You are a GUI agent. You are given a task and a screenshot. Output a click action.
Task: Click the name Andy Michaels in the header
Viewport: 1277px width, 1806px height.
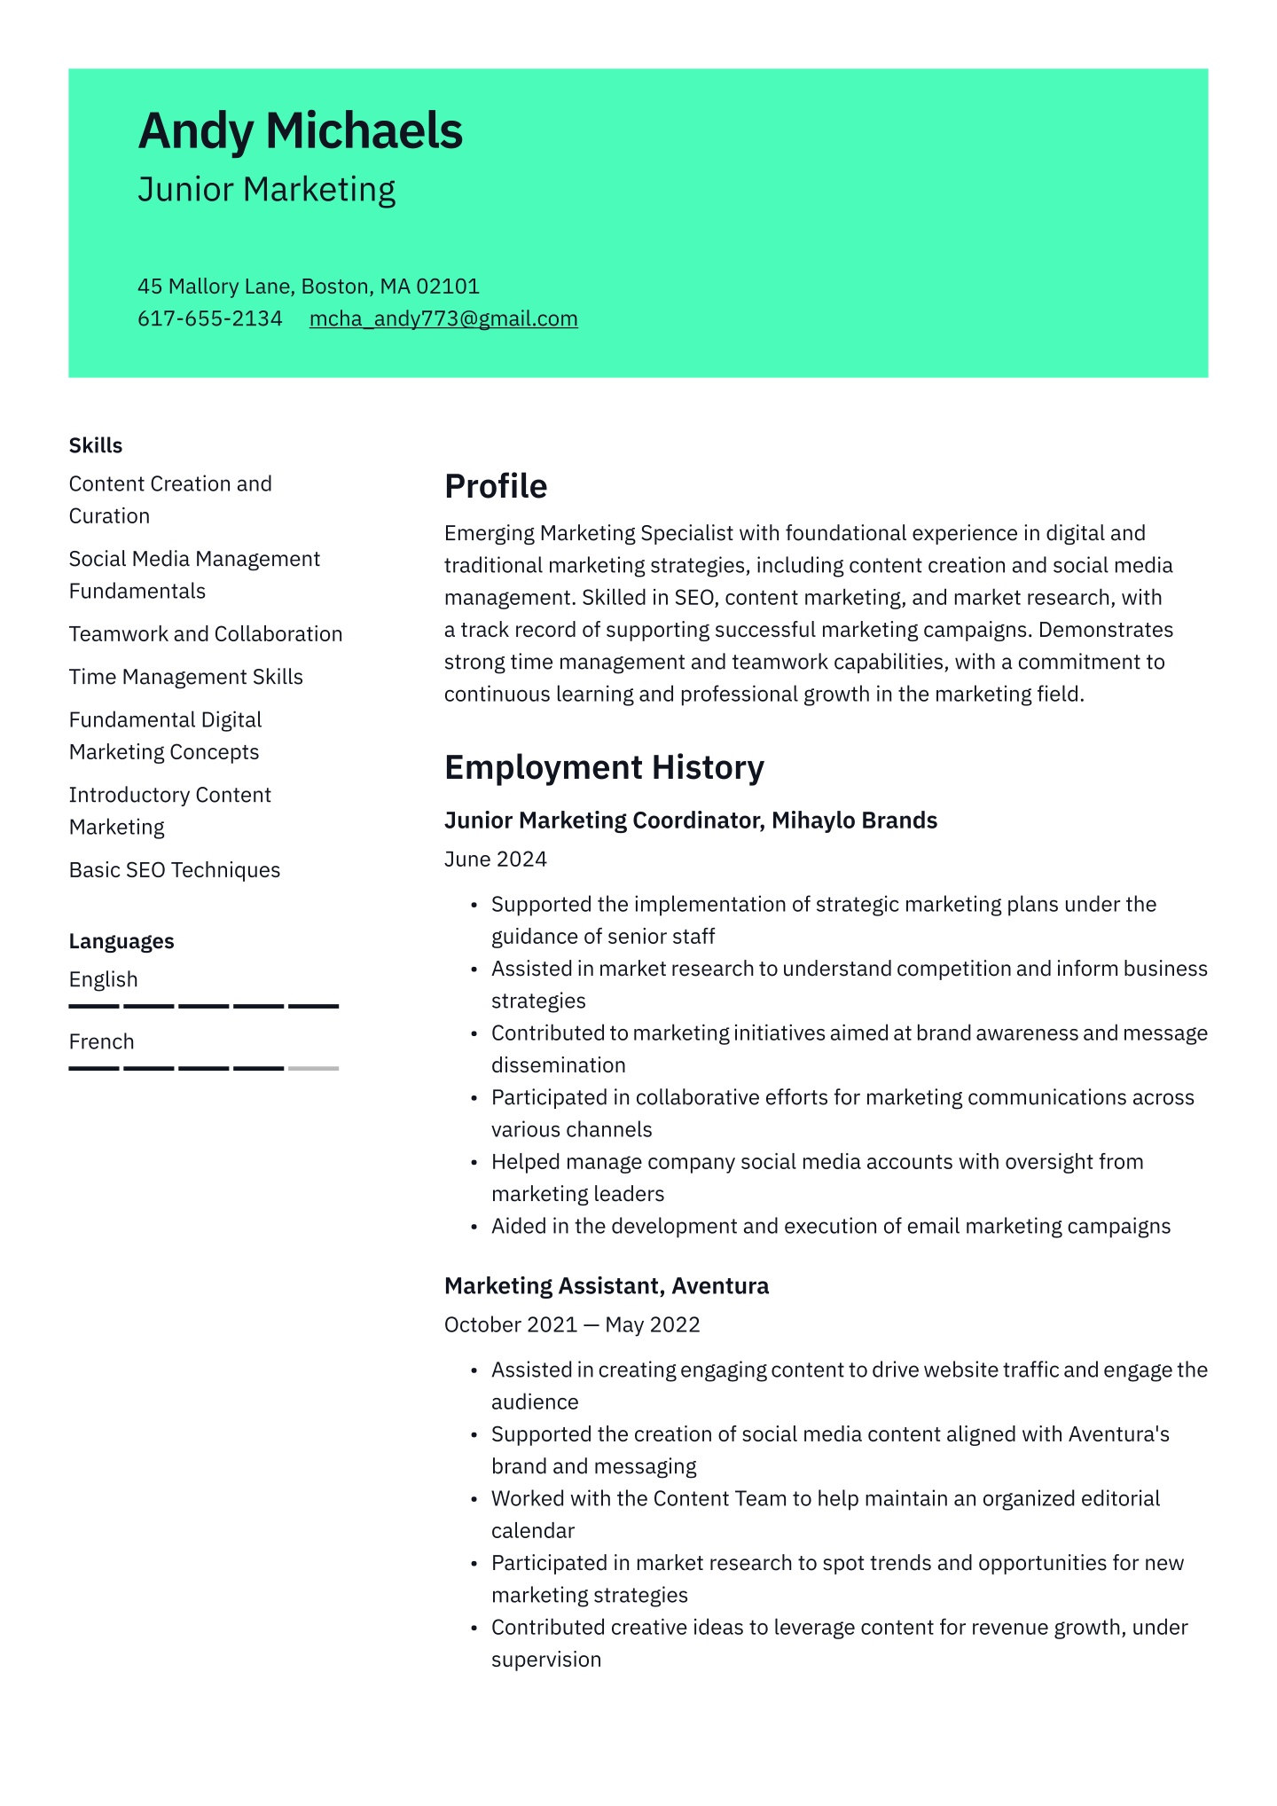pos(300,131)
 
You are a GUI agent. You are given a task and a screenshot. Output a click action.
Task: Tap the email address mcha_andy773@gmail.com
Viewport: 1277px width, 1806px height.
pos(443,318)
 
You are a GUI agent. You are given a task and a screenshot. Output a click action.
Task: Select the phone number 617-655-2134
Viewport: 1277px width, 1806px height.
pos(209,318)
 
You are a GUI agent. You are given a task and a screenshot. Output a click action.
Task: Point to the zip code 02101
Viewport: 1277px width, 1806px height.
pos(448,287)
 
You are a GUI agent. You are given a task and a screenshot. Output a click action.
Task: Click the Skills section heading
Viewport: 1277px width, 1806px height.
pos(96,445)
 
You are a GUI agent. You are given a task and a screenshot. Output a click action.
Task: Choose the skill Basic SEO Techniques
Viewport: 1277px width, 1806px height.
pos(175,870)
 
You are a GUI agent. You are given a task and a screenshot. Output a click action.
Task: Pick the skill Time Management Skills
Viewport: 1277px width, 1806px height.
pos(186,677)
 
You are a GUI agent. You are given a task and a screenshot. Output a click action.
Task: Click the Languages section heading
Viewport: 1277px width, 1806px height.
pos(121,941)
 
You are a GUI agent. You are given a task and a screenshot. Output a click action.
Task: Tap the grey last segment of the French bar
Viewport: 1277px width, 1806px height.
pos(314,1068)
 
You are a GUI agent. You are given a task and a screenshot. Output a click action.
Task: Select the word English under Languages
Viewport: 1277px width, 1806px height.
pos(104,979)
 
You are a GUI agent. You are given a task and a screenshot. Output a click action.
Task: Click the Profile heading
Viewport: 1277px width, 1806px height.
pos(496,486)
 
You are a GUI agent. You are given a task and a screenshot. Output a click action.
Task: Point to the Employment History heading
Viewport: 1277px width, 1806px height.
pos(604,767)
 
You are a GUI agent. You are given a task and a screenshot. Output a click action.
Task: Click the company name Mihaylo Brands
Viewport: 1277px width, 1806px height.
pos(854,821)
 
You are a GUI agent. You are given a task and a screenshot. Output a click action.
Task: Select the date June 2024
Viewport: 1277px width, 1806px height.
pos(496,860)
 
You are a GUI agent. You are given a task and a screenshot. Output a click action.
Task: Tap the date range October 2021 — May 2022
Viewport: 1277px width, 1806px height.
pos(572,1325)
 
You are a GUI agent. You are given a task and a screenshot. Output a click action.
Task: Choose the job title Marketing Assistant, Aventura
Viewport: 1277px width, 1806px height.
pos(607,1286)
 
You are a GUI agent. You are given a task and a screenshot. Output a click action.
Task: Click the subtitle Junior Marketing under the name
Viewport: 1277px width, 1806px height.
pos(266,190)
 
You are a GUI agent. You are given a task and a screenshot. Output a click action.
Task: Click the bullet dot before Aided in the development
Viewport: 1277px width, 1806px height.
pos(474,1228)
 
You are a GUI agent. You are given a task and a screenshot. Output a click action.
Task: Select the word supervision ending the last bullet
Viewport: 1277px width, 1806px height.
pos(546,1660)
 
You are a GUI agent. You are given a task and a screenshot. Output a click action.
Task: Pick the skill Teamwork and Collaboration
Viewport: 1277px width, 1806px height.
pos(206,634)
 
